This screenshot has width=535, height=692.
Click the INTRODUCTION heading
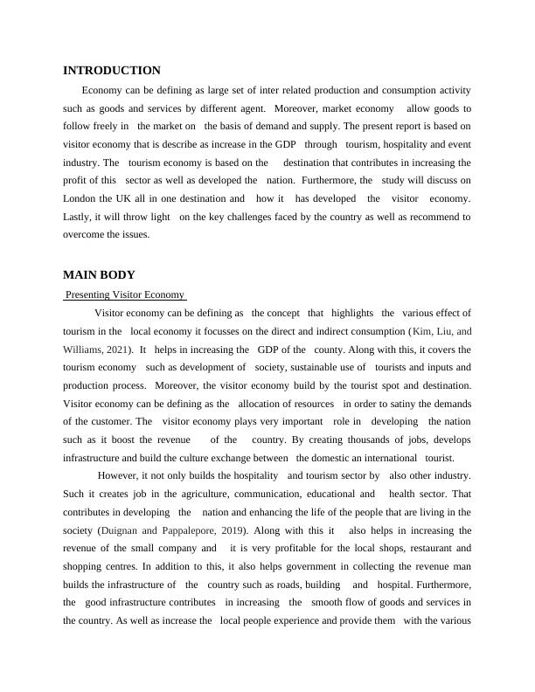point(111,71)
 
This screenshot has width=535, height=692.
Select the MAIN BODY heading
point(99,275)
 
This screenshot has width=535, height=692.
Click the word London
point(81,198)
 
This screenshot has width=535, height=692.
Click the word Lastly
point(80,216)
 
